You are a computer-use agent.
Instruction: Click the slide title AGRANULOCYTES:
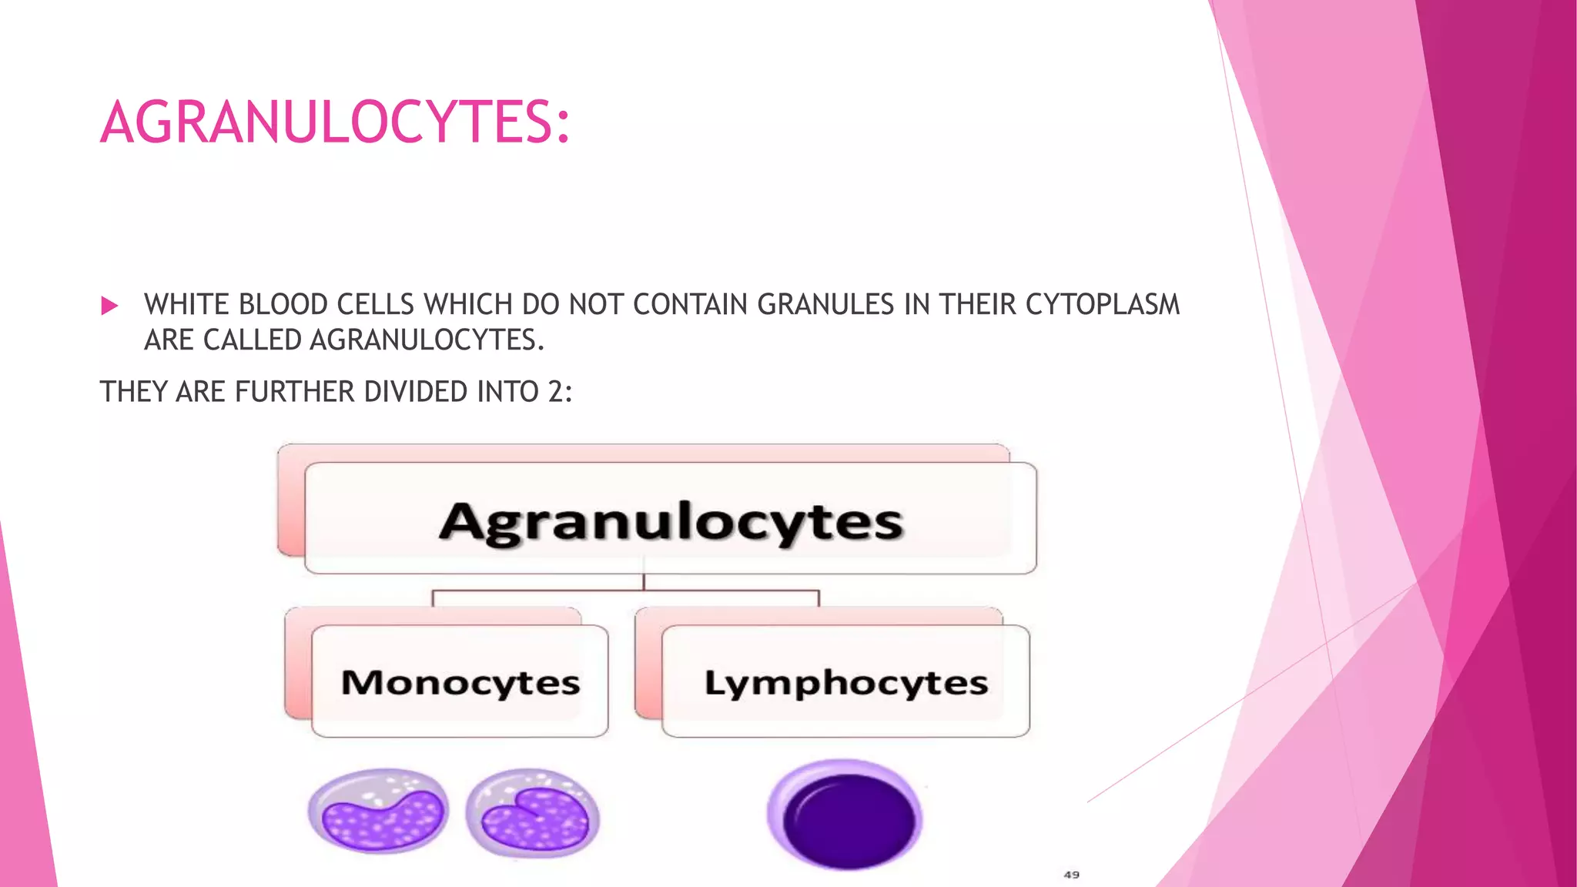(335, 122)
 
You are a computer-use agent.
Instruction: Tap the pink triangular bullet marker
(109, 306)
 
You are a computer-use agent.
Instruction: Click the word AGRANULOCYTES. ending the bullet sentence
(427, 340)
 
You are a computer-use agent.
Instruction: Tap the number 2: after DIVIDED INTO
(560, 392)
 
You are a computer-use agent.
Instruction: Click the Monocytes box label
(460, 682)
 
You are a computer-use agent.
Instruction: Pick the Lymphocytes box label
(845, 683)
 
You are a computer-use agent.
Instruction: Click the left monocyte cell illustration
(378, 812)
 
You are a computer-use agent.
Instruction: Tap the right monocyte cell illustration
(533, 813)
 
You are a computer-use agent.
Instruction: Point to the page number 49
(1071, 875)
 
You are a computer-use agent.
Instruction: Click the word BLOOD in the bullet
(283, 305)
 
